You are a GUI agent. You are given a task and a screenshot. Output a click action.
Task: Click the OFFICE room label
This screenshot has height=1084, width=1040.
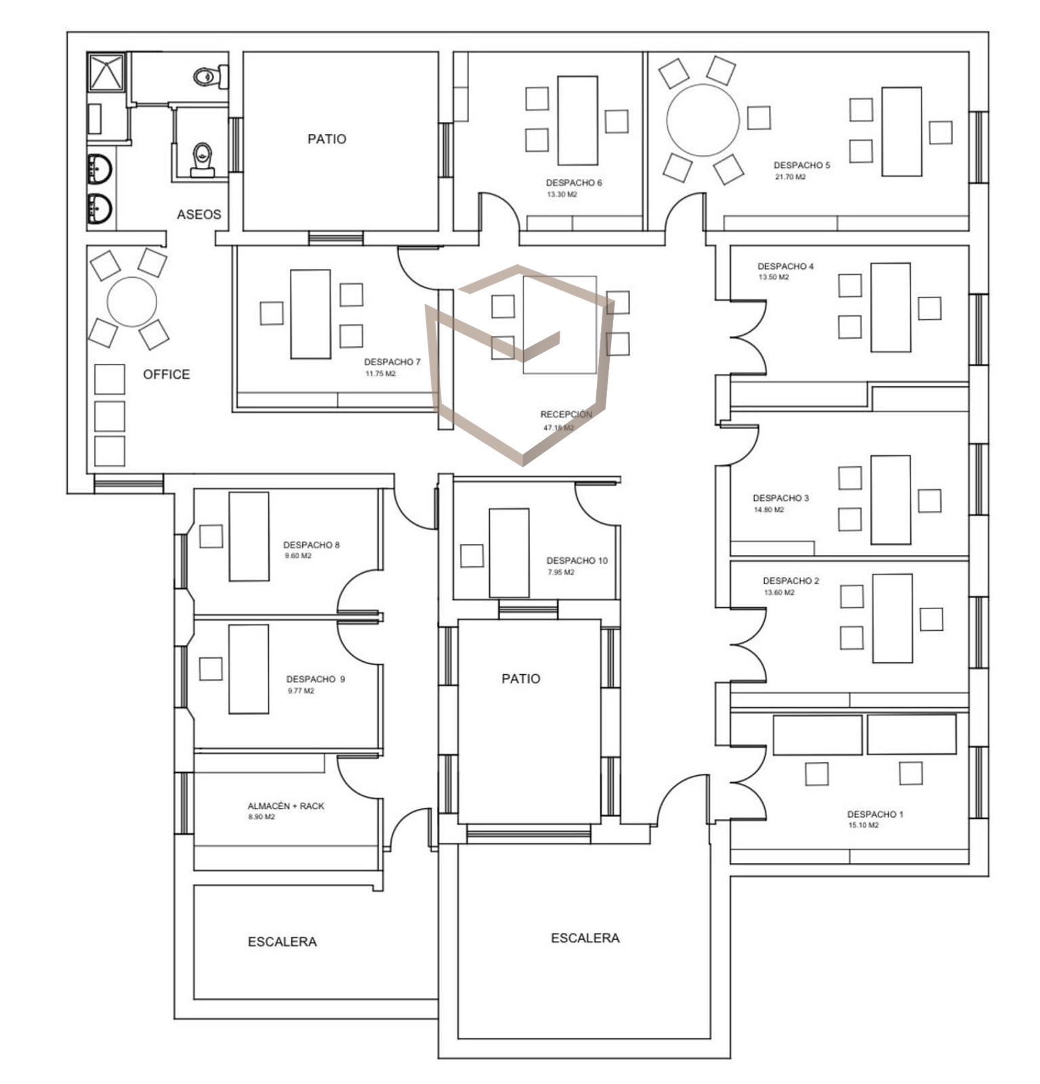[x=166, y=374]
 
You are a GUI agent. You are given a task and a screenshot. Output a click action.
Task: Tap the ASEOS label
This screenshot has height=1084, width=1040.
[x=199, y=215]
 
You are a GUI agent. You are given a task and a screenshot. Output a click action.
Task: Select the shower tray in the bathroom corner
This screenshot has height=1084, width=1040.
[x=106, y=72]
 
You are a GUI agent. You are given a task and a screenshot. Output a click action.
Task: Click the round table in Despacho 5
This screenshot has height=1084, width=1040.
[x=703, y=120]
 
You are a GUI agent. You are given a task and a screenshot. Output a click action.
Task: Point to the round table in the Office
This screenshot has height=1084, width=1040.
[x=132, y=301]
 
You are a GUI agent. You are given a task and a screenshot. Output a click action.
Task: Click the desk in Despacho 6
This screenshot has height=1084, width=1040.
[x=577, y=121]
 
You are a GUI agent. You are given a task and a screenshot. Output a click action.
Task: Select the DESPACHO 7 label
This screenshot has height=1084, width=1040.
[x=392, y=362]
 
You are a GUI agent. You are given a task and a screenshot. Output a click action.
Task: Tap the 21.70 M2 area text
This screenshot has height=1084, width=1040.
[x=791, y=177]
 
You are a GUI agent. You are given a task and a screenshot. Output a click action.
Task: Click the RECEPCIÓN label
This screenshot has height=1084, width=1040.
[x=566, y=415]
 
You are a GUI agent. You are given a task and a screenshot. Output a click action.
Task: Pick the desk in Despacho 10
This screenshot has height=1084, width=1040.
[x=509, y=553]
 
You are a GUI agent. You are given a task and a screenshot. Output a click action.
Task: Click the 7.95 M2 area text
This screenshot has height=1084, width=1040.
[x=561, y=572]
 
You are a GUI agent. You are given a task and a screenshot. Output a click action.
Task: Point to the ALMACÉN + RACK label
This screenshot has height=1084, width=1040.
[x=286, y=806]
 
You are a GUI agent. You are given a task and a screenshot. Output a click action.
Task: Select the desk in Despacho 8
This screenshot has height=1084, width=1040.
[x=249, y=537]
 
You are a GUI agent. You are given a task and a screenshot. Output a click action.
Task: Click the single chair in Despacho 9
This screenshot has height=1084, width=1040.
[x=211, y=669]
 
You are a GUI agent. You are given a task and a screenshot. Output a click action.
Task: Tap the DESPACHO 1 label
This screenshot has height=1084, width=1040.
[x=875, y=814]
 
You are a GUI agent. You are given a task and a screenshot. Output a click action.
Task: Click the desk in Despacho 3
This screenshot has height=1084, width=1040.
[x=890, y=500]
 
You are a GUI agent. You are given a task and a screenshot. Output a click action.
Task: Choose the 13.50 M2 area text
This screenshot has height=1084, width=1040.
[x=773, y=277]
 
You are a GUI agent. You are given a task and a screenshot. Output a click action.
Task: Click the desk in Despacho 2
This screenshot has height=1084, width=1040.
[x=892, y=619]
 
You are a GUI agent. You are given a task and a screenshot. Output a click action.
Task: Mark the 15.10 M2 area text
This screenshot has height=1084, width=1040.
[x=863, y=825]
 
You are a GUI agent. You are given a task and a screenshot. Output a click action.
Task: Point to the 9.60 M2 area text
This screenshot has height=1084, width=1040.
[x=298, y=556]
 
